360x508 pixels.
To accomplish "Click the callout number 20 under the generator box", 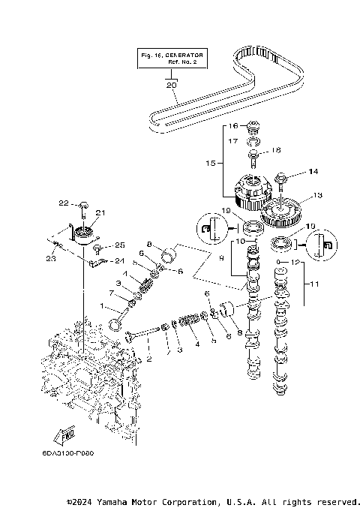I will (x=172, y=85).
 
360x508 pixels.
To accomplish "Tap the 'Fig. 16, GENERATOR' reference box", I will (x=172, y=59).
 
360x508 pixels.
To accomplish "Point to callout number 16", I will (x=233, y=125).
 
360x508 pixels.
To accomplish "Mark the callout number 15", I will (x=210, y=161).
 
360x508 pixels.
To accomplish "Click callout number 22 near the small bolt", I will (x=64, y=203).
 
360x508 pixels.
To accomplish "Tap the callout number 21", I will (x=100, y=213).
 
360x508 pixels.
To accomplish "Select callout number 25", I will (x=118, y=245).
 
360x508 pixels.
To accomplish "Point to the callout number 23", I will (x=51, y=259).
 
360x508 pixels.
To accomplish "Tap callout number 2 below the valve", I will (x=148, y=359).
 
